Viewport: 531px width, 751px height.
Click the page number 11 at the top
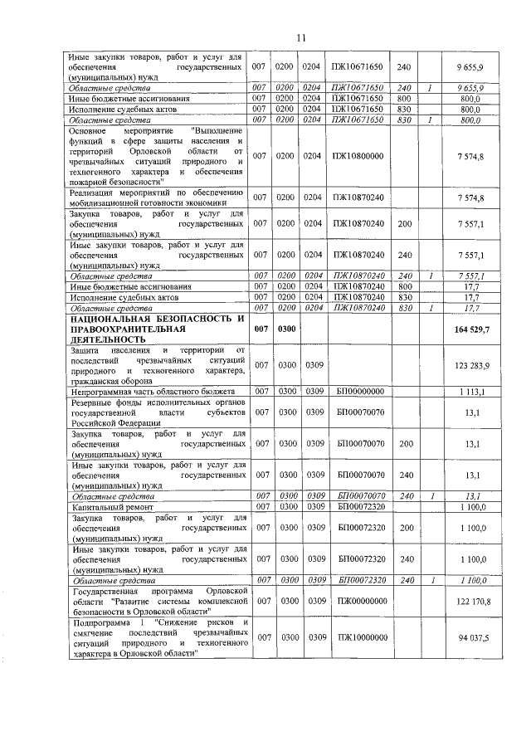point(301,37)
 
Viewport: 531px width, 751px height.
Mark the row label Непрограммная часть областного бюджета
point(153,391)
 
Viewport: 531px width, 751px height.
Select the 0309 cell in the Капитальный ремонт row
point(314,505)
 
